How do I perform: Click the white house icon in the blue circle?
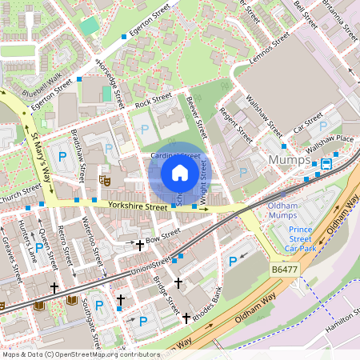(x=180, y=172)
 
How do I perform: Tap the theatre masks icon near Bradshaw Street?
(x=102, y=179)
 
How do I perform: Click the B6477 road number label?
(x=284, y=272)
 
